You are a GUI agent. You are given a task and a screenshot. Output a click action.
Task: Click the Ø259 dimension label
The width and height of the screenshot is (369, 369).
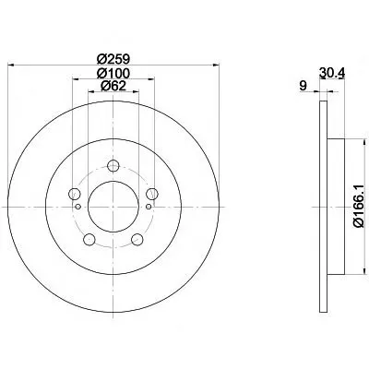[x=113, y=58]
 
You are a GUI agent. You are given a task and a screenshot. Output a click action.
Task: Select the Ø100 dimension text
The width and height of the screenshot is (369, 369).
[x=113, y=73]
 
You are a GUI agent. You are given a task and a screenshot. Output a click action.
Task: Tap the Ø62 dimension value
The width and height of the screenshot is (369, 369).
[x=113, y=86]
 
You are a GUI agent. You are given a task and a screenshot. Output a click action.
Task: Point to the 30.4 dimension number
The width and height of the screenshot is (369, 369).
[x=331, y=73]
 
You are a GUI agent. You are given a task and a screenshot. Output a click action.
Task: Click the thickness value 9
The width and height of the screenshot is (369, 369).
[x=304, y=86]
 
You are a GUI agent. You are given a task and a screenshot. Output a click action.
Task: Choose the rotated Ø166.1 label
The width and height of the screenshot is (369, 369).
[x=359, y=207]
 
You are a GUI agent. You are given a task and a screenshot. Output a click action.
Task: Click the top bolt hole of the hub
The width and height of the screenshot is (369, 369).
[x=113, y=166]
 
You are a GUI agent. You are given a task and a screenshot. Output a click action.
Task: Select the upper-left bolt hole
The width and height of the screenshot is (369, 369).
[x=75, y=194]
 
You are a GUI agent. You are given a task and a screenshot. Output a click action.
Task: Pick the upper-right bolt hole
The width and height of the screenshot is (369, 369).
[x=152, y=194]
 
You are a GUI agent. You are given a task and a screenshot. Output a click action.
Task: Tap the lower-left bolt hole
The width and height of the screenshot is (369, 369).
[x=89, y=239]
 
